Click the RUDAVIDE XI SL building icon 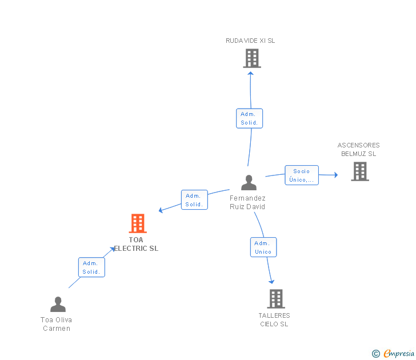(x=251, y=58)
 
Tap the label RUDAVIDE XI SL (x=250, y=41)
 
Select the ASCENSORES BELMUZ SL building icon (x=359, y=171)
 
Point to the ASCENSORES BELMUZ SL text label (x=358, y=149)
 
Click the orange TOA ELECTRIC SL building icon (x=137, y=223)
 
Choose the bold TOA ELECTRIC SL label (x=136, y=244)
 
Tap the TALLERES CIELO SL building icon (x=275, y=298)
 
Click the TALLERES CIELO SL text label (x=274, y=319)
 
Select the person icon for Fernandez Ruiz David (x=249, y=183)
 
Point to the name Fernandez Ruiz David (x=247, y=202)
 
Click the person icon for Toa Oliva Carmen (x=58, y=304)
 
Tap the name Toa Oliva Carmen (x=56, y=324)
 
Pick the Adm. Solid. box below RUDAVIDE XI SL (x=249, y=118)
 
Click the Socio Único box (x=301, y=175)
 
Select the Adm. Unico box (x=263, y=247)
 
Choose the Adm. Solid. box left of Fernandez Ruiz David (x=194, y=200)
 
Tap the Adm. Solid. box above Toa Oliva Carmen (x=91, y=267)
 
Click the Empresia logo (x=393, y=354)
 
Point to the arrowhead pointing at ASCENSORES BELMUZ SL (x=336, y=175)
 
